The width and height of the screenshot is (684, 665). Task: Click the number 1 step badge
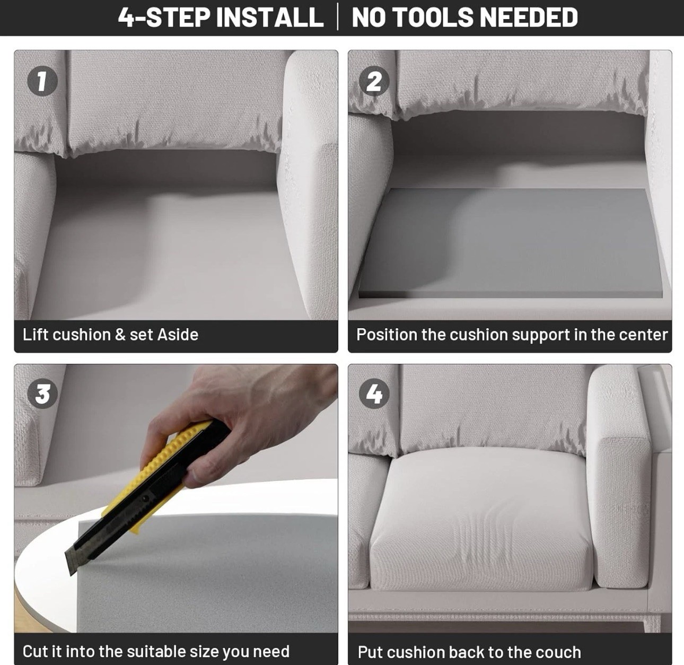[42, 81]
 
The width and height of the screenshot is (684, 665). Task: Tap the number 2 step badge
[374, 81]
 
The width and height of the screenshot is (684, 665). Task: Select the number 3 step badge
[42, 393]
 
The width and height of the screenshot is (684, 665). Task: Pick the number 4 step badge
[374, 393]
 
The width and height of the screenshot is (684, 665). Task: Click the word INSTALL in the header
[269, 17]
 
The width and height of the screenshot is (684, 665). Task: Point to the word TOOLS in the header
[436, 17]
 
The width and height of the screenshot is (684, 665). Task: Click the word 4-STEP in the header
[164, 17]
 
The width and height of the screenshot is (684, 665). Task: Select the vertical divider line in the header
[337, 17]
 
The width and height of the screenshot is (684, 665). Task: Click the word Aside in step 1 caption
[178, 335]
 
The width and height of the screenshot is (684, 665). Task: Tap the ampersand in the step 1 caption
[120, 335]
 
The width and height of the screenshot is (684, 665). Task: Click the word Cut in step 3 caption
[35, 642]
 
